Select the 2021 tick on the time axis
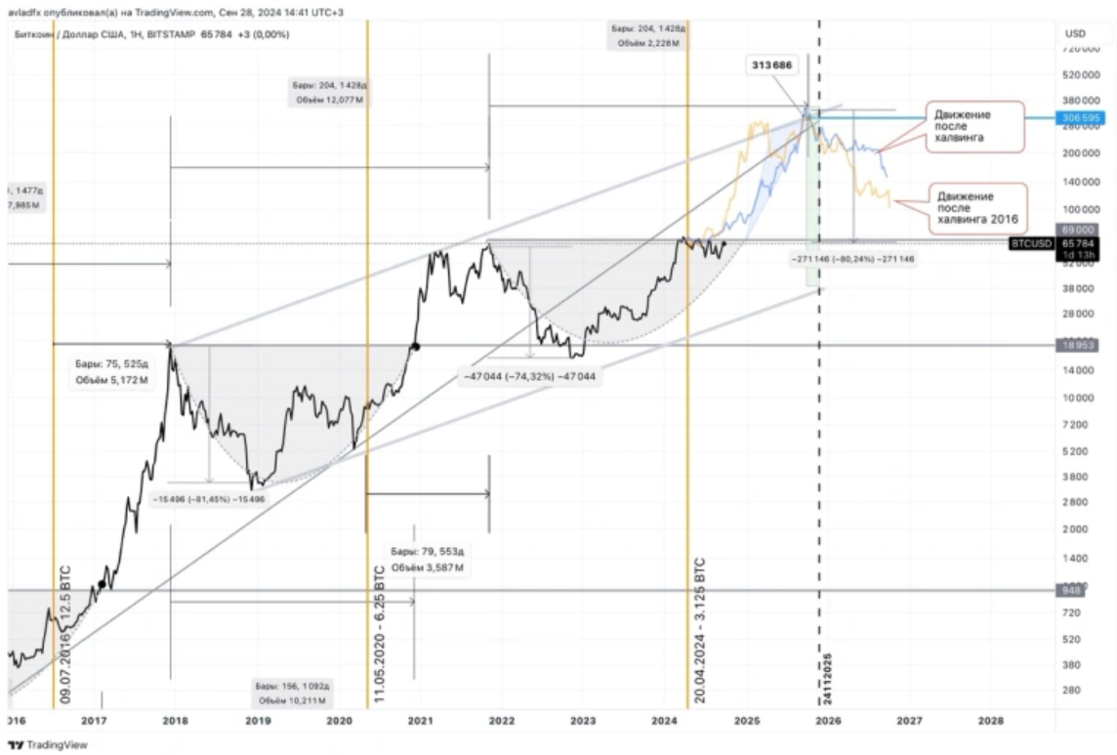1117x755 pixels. (420, 720)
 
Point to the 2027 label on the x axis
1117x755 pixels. (909, 720)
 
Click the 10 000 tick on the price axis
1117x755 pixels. (1077, 398)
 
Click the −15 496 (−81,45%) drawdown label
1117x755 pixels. (209, 498)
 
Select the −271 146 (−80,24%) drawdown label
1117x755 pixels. (851, 260)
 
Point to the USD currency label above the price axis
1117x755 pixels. (1074, 33)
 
